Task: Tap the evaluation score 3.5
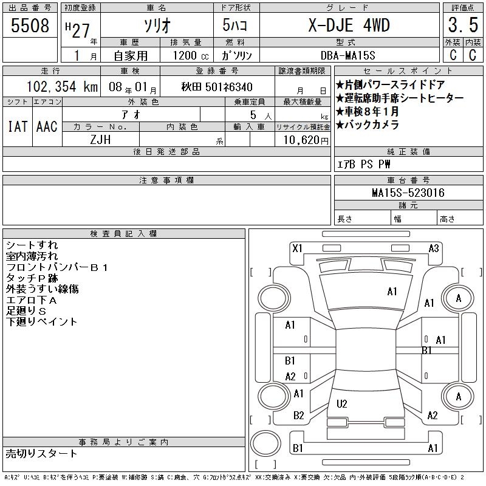(461, 26)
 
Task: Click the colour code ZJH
(100, 139)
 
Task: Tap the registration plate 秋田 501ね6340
(217, 87)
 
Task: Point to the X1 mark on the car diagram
(297, 248)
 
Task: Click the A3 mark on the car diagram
(434, 248)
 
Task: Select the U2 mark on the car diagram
(341, 403)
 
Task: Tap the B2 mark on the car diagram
(298, 416)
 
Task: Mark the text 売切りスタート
(42, 453)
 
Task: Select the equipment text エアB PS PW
(364, 164)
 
